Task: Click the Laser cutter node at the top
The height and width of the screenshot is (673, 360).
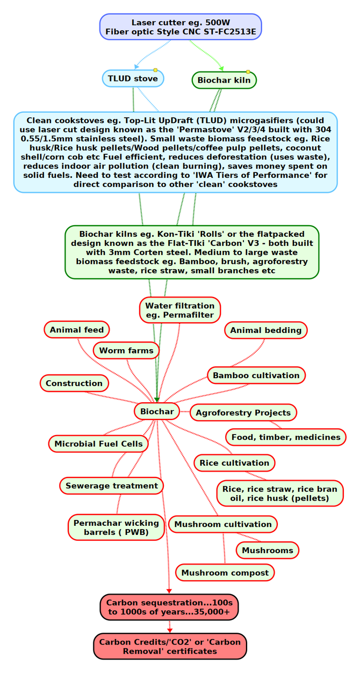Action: pyautogui.click(x=181, y=27)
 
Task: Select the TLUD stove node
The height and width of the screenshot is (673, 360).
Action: pyautogui.click(x=133, y=78)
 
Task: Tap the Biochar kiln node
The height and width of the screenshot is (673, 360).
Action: pyautogui.click(x=224, y=80)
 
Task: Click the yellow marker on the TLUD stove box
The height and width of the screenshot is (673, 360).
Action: pyautogui.click(x=155, y=70)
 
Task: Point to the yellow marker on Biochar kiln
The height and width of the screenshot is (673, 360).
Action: pyautogui.click(x=248, y=72)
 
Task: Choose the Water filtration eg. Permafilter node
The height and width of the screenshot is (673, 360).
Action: pyautogui.click(x=179, y=310)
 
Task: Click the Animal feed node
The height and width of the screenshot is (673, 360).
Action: pyautogui.click(x=77, y=330)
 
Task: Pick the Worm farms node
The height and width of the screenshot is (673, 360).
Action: pyautogui.click(x=126, y=350)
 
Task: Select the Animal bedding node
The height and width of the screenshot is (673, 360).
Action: pyautogui.click(x=265, y=330)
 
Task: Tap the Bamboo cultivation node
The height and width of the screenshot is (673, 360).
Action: pyautogui.click(x=256, y=375)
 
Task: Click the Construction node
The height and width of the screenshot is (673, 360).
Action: pyautogui.click(x=74, y=383)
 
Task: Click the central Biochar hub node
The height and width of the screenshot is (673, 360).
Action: pyautogui.click(x=157, y=411)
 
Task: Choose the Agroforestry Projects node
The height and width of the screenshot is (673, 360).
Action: pyautogui.click(x=243, y=413)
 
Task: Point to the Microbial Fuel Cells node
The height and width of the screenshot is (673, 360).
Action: pyautogui.click(x=98, y=444)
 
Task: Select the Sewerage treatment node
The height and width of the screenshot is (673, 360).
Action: pyautogui.click(x=111, y=486)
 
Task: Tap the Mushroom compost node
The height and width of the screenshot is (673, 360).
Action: pyautogui.click(x=225, y=573)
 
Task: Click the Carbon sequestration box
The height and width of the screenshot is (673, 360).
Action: pyautogui.click(x=169, y=607)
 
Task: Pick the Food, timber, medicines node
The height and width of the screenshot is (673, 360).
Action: pyautogui.click(x=286, y=437)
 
